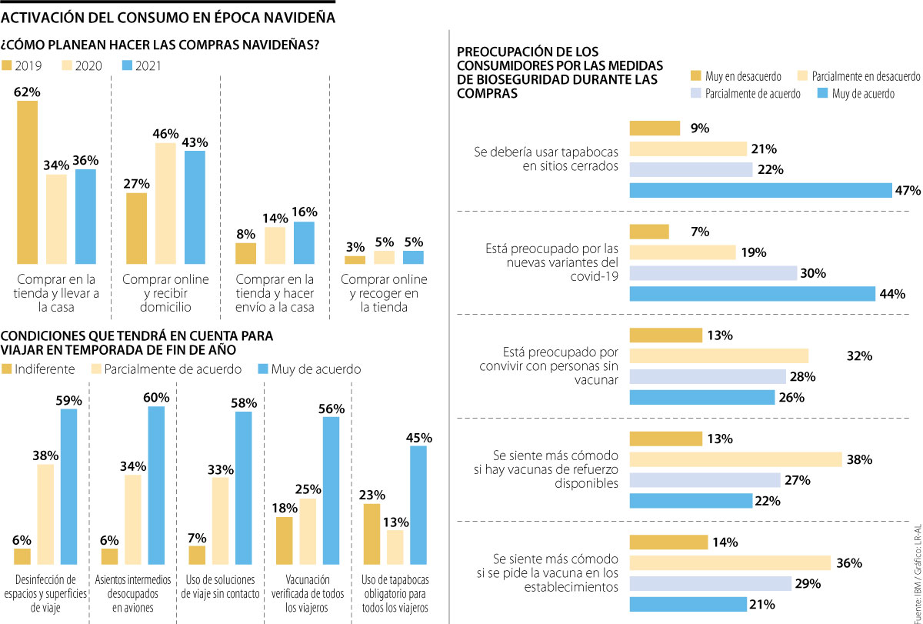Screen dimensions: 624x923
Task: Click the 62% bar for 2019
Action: (27, 182)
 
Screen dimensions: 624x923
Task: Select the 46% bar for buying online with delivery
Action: (165, 203)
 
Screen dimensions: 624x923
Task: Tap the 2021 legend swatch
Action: (128, 66)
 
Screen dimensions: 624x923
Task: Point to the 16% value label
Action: (304, 212)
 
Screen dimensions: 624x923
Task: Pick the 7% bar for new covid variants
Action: (649, 232)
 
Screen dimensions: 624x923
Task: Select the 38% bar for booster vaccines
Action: (735, 459)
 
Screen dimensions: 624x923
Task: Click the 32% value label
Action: (860, 356)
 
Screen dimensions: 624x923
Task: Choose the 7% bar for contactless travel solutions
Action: (197, 556)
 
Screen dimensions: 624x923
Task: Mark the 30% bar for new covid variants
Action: (713, 273)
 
